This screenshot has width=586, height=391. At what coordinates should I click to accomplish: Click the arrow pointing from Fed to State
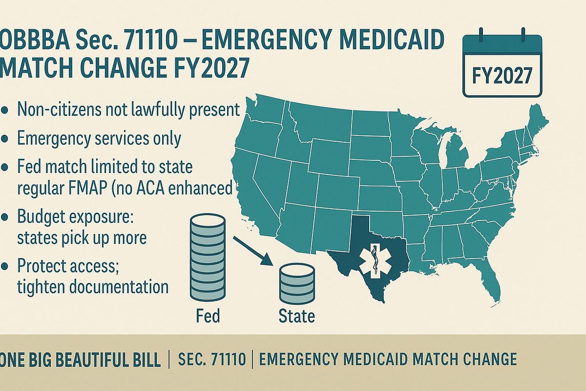point(251,250)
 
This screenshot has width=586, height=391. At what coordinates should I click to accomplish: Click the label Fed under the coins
point(207,315)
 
